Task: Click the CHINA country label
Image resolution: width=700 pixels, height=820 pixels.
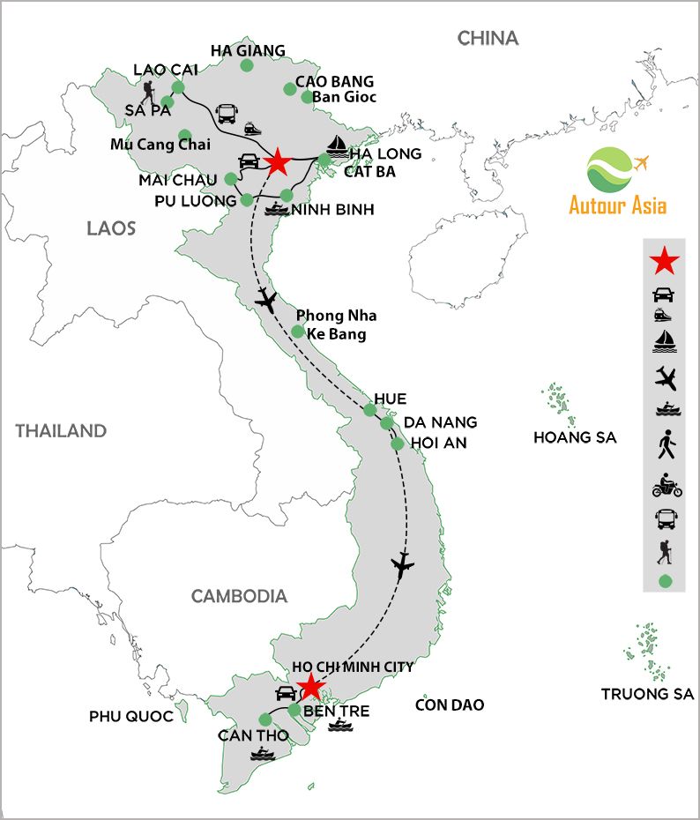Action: pyautogui.click(x=488, y=38)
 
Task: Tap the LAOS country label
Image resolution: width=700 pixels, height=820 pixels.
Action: pyautogui.click(x=111, y=229)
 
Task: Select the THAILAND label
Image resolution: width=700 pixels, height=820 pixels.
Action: pyautogui.click(x=61, y=431)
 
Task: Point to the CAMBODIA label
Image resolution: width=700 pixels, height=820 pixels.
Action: pyautogui.click(x=239, y=596)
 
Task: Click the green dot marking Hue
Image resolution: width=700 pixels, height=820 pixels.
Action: pyautogui.click(x=370, y=409)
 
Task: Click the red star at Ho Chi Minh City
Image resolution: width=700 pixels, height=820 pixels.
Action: pyautogui.click(x=310, y=686)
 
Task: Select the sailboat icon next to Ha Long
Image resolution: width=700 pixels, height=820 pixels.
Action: pyautogui.click(x=336, y=145)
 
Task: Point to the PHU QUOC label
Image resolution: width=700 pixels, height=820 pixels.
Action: pyautogui.click(x=131, y=716)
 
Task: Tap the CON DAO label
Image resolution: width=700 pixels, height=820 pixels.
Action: pyautogui.click(x=450, y=705)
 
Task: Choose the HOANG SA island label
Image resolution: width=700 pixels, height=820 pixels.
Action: pyautogui.click(x=575, y=437)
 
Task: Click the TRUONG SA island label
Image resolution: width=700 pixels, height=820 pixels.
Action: pyautogui.click(x=648, y=694)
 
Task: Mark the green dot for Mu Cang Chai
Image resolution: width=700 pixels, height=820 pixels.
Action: pyautogui.click(x=185, y=136)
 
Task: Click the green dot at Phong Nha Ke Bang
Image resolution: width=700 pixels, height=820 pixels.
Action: pyautogui.click(x=298, y=332)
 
